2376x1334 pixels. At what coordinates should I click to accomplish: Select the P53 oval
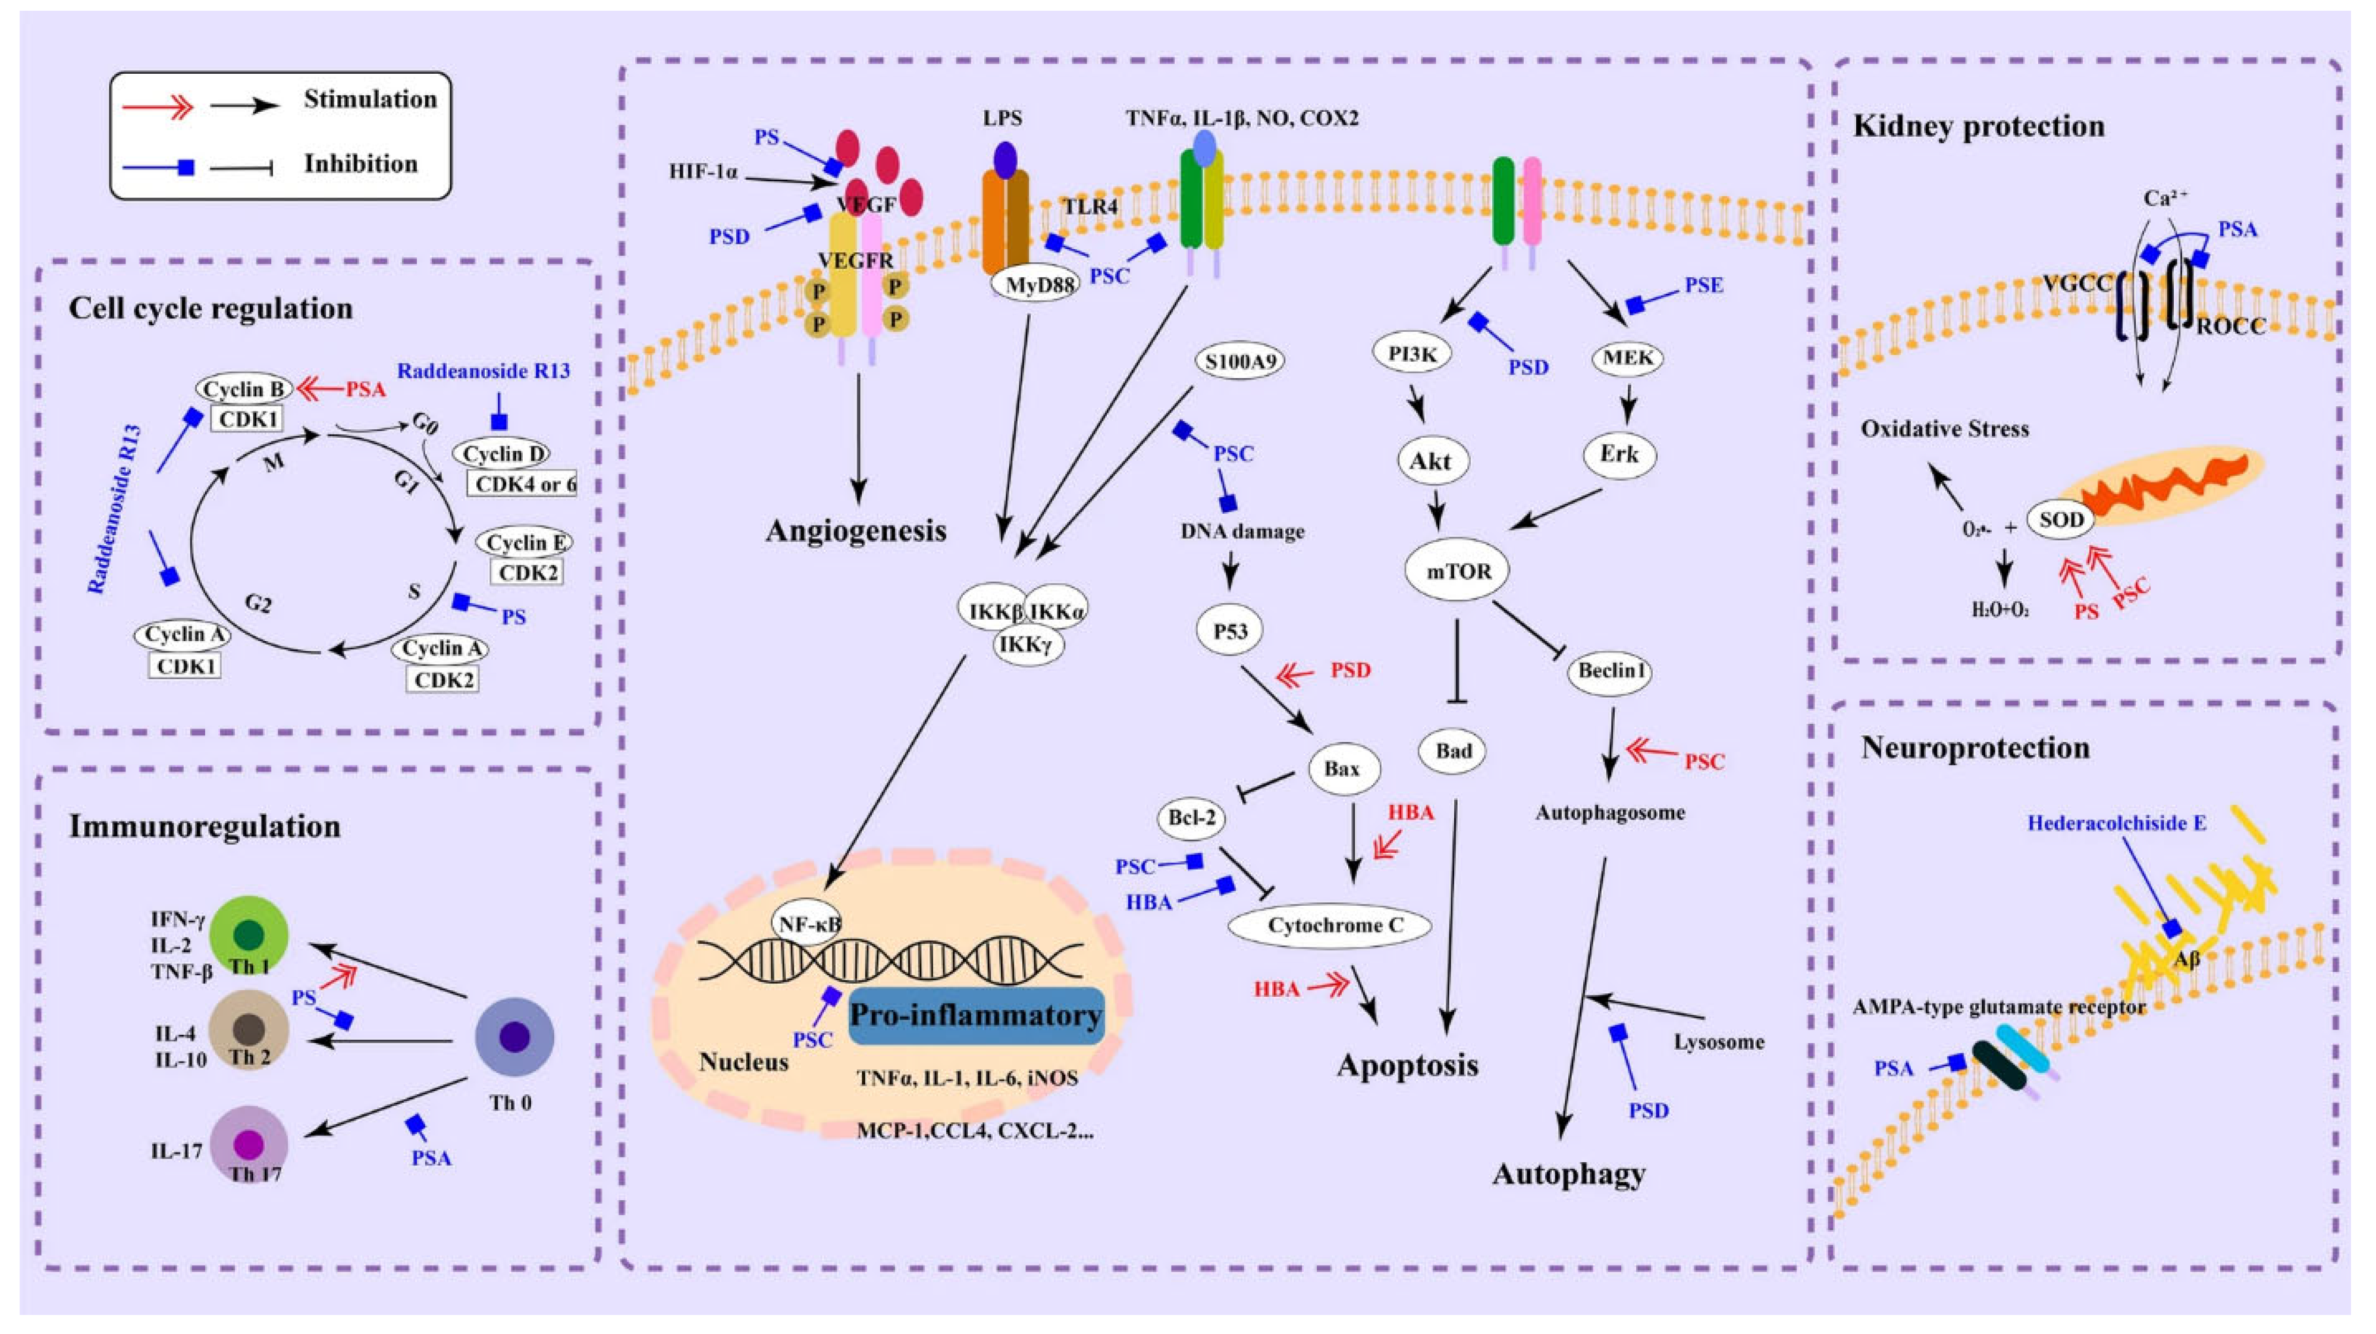(x=1231, y=631)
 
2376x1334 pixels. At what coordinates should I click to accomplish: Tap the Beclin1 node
(x=1611, y=671)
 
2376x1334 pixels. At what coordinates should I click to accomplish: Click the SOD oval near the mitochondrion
(x=2061, y=519)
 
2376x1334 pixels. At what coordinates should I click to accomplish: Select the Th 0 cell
(x=514, y=1036)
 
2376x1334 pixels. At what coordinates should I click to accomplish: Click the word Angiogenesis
(x=856, y=531)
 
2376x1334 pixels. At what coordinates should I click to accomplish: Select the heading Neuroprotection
(x=1975, y=746)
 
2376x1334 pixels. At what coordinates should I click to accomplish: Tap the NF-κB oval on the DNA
(x=808, y=922)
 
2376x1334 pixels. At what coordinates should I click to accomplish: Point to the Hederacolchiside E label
(x=2116, y=822)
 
